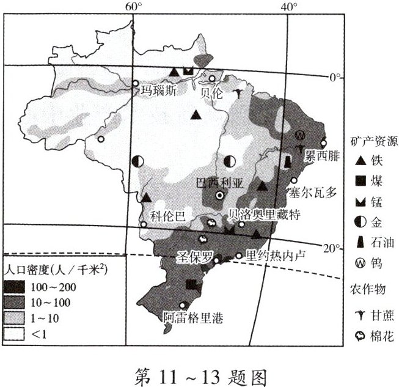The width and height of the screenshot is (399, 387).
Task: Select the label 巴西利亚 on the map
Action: pyautogui.click(x=218, y=182)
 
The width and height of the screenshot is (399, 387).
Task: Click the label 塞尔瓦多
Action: pyautogui.click(x=313, y=193)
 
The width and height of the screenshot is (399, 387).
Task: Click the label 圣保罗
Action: pyautogui.click(x=194, y=255)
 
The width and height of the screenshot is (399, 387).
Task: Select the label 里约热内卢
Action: pyautogui.click(x=274, y=254)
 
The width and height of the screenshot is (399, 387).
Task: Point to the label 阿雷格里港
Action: pyautogui.click(x=193, y=318)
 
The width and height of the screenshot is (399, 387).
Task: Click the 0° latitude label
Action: pyautogui.click(x=335, y=78)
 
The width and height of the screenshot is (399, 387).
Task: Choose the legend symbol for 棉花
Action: pyautogui.click(x=361, y=336)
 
